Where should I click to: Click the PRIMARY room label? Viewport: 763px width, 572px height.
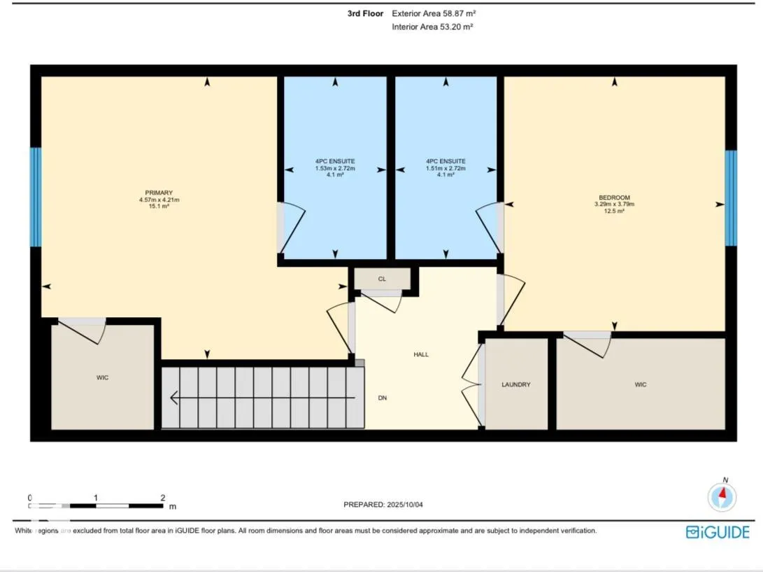tap(159, 193)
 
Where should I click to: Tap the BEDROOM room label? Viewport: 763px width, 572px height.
tap(614, 197)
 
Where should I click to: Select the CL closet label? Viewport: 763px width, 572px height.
tap(382, 279)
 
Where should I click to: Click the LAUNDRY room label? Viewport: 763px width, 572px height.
tap(516, 384)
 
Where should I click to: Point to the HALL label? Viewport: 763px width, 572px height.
tap(421, 354)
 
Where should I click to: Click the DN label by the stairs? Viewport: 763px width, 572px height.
tap(383, 398)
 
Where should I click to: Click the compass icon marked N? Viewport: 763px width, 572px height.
tap(722, 496)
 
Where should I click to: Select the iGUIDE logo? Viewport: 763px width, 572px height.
tap(718, 532)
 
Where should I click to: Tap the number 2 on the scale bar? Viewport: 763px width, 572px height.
tap(162, 498)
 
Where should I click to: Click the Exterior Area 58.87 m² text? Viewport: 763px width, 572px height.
tap(434, 13)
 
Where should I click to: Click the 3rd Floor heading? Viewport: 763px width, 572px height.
tap(364, 13)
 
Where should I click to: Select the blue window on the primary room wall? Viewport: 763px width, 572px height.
tap(36, 197)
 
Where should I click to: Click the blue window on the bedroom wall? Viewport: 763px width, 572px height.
tap(731, 197)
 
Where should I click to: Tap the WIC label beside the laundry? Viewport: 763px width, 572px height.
tap(641, 384)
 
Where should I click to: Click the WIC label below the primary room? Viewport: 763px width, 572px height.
tap(103, 377)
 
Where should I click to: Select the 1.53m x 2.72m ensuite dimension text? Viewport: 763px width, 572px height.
tap(335, 168)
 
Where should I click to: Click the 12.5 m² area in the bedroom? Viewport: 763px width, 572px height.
tap(615, 211)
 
